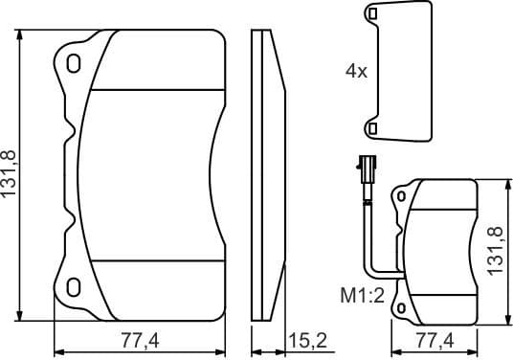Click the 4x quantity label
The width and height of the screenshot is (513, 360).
pyautogui.click(x=356, y=70)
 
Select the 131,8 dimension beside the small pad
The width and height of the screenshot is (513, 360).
pyautogui.click(x=496, y=250)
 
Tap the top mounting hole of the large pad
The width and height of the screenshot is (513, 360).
pyautogui.click(x=75, y=65)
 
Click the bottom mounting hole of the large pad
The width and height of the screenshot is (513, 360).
pyautogui.click(x=75, y=284)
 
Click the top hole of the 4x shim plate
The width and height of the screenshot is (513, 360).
pyautogui.click(x=371, y=14)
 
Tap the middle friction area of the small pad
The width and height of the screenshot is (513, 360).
pyautogui.click(x=440, y=251)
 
